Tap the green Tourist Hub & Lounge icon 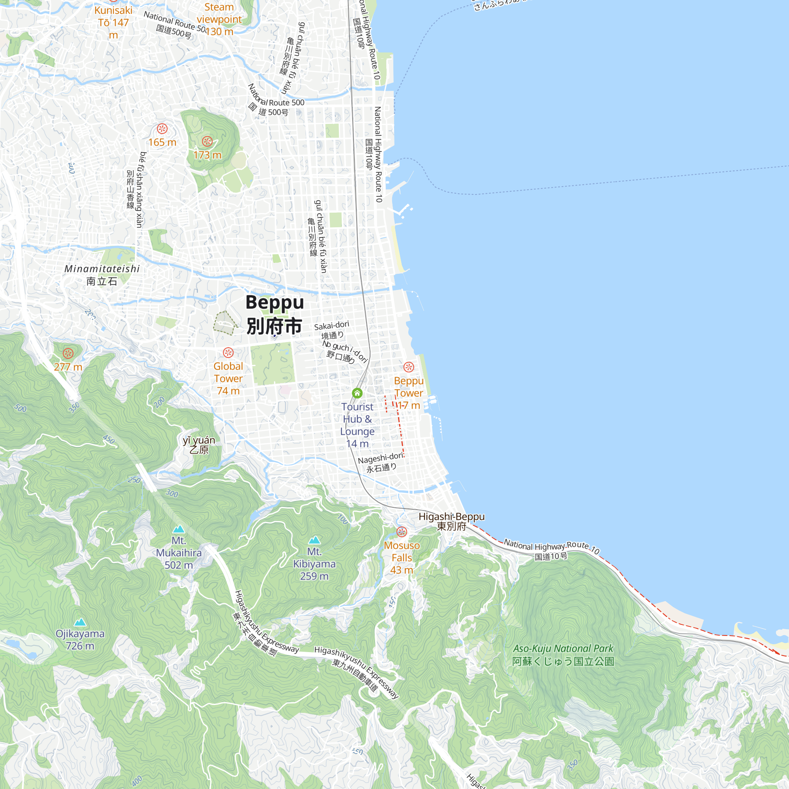[x=357, y=393]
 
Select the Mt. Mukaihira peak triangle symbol [x=179, y=530]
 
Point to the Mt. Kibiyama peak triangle [x=314, y=540]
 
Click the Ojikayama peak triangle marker [x=80, y=622]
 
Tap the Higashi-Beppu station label [x=451, y=521]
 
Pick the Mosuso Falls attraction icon [x=402, y=531]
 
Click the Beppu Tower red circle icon [x=409, y=367]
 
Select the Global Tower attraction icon [x=228, y=352]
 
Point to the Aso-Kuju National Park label [x=563, y=654]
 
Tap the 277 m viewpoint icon [x=68, y=353]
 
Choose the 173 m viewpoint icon [x=208, y=141]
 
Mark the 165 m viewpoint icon [x=162, y=129]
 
